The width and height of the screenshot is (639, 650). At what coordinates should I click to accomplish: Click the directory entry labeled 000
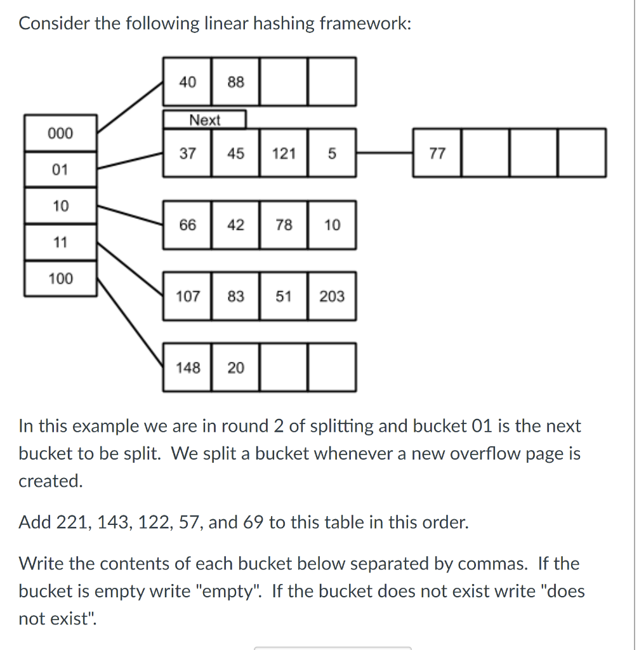click(x=61, y=133)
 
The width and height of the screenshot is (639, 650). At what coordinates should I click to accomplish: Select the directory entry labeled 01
click(x=61, y=169)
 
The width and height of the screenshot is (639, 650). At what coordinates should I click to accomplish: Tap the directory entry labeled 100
click(x=61, y=279)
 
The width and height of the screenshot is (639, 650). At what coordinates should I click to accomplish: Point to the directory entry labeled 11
click(x=61, y=242)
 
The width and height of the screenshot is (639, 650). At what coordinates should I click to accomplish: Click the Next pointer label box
click(x=204, y=120)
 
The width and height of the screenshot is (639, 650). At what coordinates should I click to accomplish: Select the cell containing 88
click(x=235, y=82)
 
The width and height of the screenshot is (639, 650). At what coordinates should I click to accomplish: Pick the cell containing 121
click(x=284, y=153)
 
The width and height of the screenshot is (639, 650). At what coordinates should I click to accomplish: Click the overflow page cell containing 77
click(x=437, y=153)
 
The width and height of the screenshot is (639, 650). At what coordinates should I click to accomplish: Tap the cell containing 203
click(x=332, y=296)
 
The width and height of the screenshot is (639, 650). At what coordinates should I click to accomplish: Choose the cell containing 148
click(x=188, y=368)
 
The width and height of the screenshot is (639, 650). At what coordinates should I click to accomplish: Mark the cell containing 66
click(x=188, y=225)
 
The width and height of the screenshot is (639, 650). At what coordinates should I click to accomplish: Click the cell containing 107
click(x=188, y=296)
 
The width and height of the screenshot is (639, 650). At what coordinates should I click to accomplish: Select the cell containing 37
click(x=188, y=153)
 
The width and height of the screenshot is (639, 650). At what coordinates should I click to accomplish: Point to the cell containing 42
click(x=235, y=225)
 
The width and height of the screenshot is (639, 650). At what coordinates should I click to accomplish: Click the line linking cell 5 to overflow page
click(x=384, y=153)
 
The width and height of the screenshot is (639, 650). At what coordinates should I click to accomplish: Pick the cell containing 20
click(x=235, y=368)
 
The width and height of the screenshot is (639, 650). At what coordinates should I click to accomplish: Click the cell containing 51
click(x=284, y=296)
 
